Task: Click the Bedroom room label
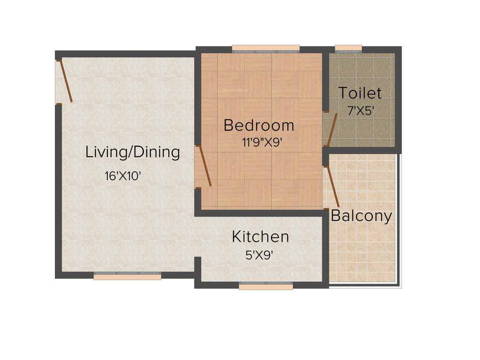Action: click(259, 125)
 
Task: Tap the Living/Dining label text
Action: click(133, 152)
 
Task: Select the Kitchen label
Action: click(260, 237)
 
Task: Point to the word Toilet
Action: click(360, 93)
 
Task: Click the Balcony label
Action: click(361, 216)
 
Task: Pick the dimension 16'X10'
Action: click(123, 176)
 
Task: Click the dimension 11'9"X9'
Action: click(261, 143)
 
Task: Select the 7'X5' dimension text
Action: click(360, 112)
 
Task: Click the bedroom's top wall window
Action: click(266, 48)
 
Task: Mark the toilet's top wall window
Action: click(348, 48)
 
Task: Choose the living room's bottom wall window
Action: click(127, 277)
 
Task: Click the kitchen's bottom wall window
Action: click(266, 286)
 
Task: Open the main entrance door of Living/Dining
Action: click(65, 81)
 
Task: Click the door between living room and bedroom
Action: click(204, 166)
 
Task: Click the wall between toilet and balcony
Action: click(361, 150)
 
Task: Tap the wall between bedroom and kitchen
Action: click(261, 213)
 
